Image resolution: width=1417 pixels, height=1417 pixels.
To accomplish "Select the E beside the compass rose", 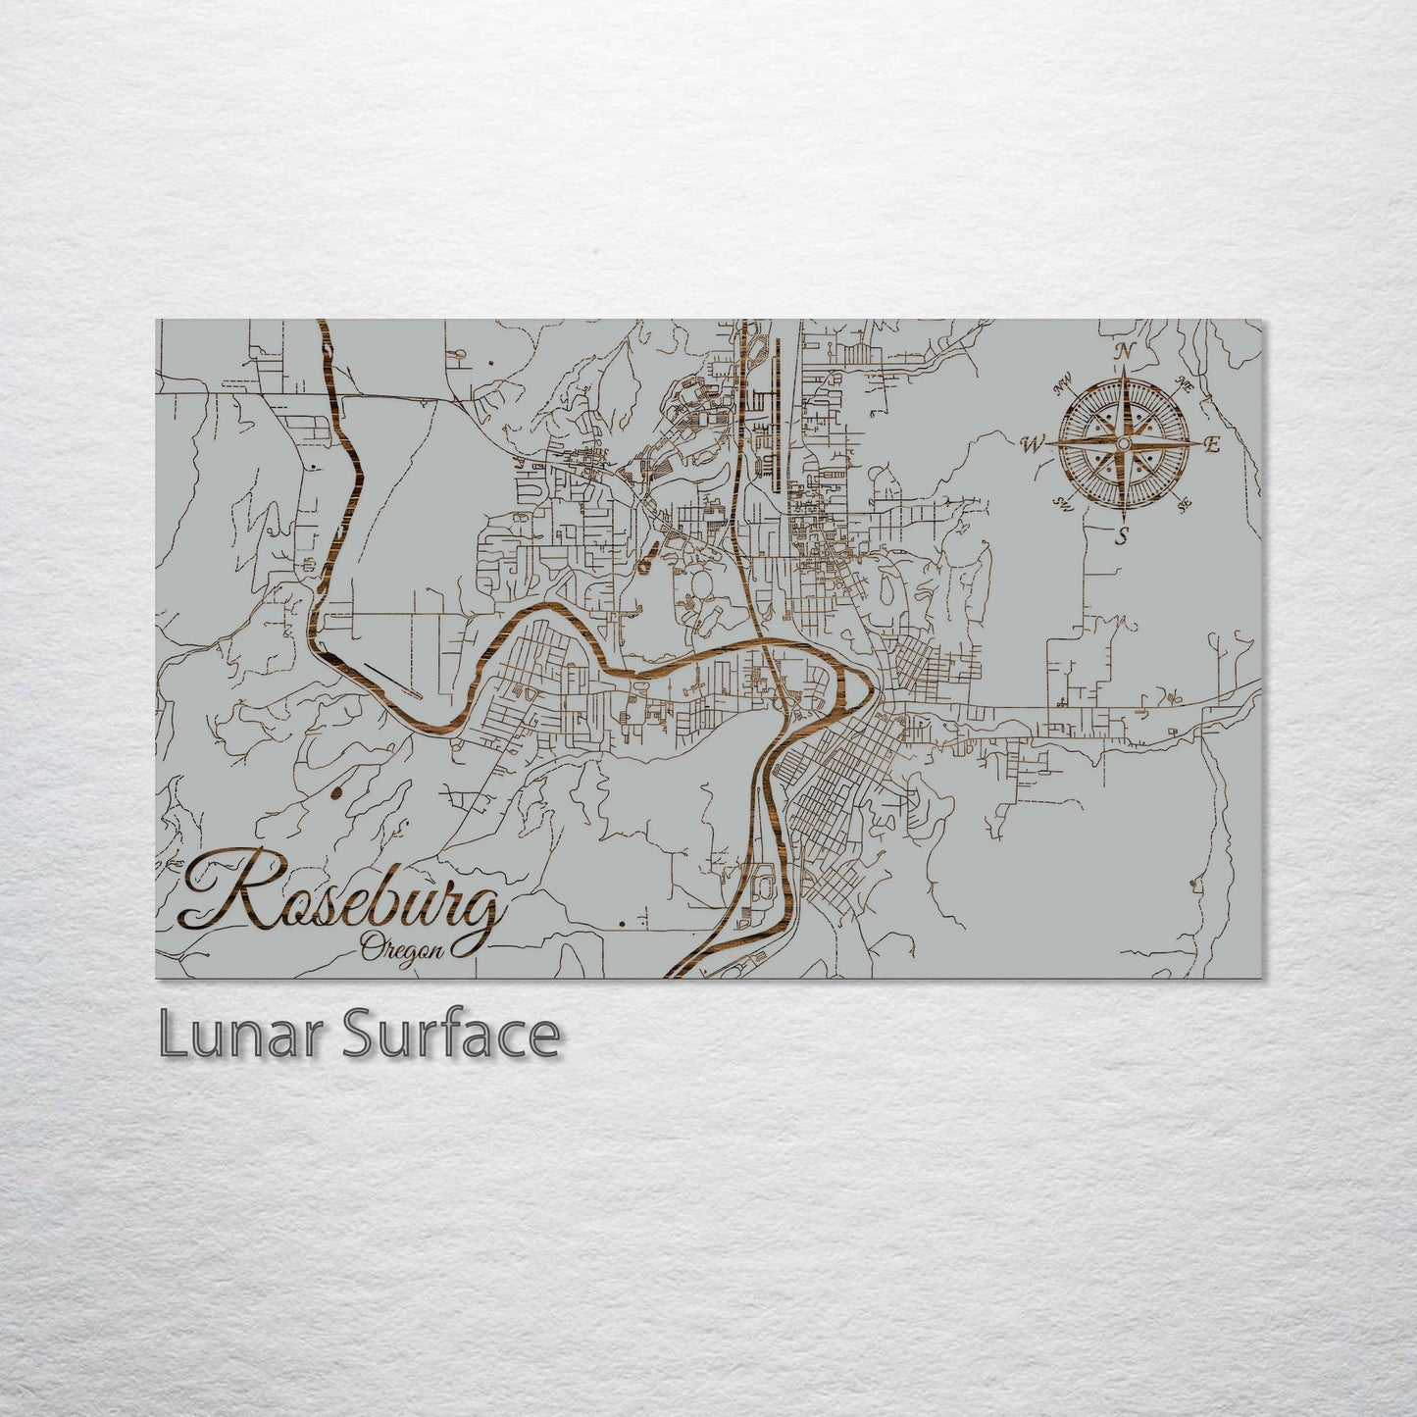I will point(1212,446).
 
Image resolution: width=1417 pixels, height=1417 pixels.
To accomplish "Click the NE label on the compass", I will point(1184,382).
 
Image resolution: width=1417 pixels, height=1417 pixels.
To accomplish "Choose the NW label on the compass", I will point(1061,386).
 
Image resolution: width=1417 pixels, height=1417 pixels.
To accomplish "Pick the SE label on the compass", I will point(1185,505).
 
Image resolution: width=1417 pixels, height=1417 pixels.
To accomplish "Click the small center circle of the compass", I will point(1123,444).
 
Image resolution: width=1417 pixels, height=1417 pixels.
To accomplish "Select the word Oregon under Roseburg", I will point(402,949).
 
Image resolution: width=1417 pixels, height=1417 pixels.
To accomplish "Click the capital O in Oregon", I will point(371,947).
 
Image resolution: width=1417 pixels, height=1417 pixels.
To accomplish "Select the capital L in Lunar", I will point(172,1036).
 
